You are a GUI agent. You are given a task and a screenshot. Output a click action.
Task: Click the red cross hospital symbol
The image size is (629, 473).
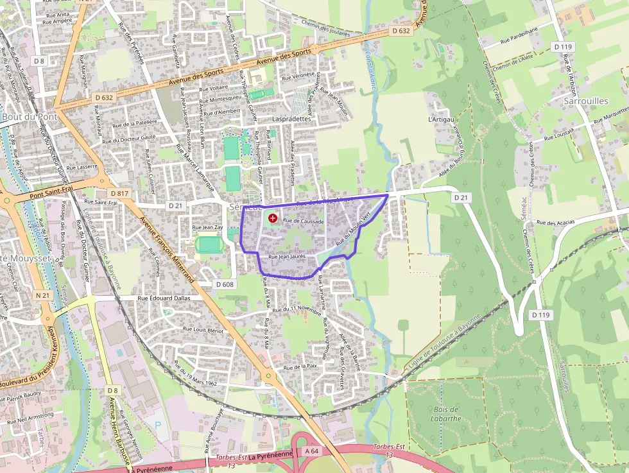(x=273, y=219)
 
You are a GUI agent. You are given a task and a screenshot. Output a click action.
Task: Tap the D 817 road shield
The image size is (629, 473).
(x=120, y=193)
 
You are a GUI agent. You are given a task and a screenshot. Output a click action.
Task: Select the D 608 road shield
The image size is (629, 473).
(x=225, y=284)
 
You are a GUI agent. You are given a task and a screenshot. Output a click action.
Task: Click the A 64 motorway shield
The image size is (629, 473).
(x=312, y=451)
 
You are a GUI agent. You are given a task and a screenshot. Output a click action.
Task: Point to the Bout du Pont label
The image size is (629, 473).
(x=30, y=117)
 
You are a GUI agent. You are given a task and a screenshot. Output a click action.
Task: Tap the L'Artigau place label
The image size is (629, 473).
(x=441, y=119)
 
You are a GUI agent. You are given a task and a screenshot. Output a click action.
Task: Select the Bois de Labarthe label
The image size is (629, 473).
(x=446, y=414)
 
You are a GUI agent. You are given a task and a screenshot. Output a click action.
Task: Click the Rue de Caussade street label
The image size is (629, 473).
(x=304, y=221)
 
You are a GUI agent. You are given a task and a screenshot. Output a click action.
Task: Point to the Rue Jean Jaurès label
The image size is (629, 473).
(x=286, y=257)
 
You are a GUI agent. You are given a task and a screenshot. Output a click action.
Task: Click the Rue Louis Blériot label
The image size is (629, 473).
(x=203, y=329)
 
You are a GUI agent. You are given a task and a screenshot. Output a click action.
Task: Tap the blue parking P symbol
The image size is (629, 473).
(x=159, y=424)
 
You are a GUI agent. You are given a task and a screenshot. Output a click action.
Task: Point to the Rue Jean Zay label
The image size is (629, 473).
(x=208, y=227)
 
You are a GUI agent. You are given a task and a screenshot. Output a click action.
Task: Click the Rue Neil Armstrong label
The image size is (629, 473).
(x=31, y=418)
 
